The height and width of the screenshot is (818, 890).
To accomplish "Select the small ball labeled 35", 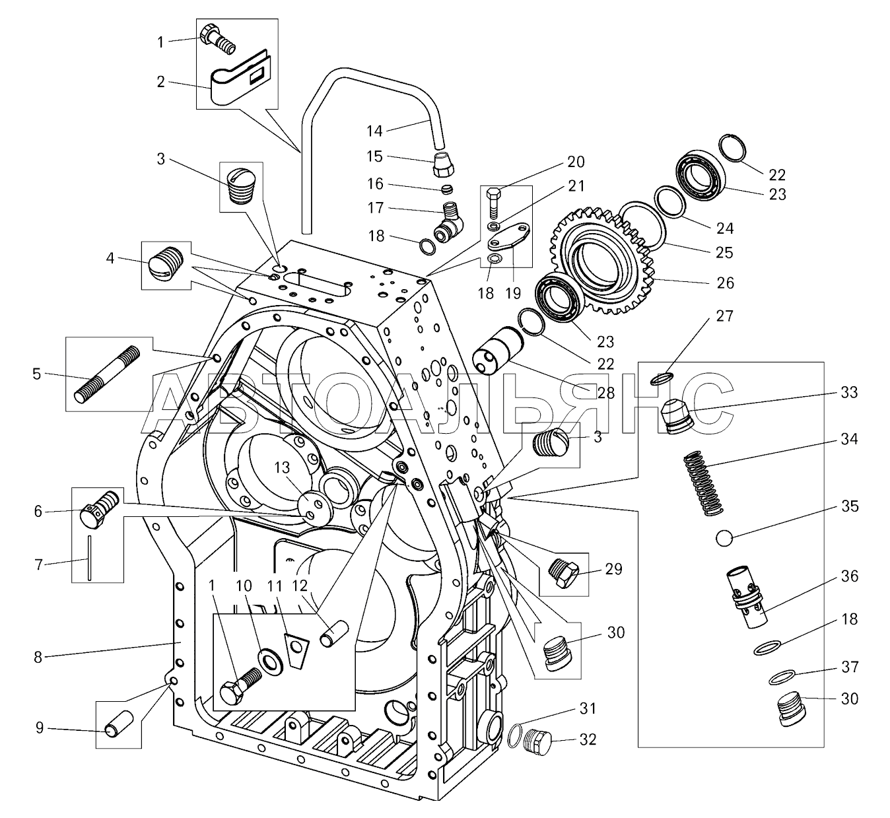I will pyautogui.click(x=725, y=539).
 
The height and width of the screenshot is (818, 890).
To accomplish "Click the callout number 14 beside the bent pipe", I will pyautogui.click(x=374, y=131).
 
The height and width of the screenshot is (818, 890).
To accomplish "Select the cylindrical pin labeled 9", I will pyautogui.click(x=119, y=724).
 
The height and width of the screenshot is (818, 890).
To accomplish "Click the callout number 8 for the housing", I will pyautogui.click(x=38, y=657).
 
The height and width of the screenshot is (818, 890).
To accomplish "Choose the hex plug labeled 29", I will pyautogui.click(x=564, y=570).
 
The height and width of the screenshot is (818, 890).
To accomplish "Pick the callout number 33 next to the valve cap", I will pyautogui.click(x=849, y=392).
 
